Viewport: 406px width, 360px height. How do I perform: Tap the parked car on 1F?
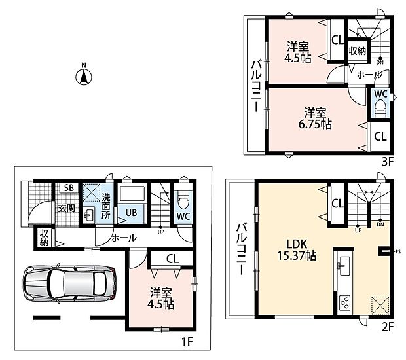pyautogui.click(x=69, y=283)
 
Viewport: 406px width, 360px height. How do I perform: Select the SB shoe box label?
pyautogui.click(x=69, y=188)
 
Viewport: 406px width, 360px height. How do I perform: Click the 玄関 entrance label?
pyautogui.click(x=67, y=208)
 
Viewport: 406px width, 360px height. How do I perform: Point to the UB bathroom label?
pyautogui.click(x=131, y=213)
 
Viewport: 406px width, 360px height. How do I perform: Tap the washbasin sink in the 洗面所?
pyautogui.click(x=89, y=215)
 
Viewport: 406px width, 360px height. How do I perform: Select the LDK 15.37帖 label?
pyautogui.click(x=297, y=250)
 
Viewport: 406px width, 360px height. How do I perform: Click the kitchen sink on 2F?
pyautogui.click(x=343, y=266)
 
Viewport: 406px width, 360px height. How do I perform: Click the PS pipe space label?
pyautogui.click(x=398, y=251)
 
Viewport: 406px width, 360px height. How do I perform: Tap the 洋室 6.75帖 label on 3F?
pyautogui.click(x=315, y=118)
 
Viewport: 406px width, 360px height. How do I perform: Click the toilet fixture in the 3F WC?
pyautogui.click(x=380, y=109)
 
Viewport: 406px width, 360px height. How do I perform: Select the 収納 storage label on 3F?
pyautogui.click(x=358, y=50)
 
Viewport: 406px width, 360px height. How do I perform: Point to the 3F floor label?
pyautogui.click(x=388, y=162)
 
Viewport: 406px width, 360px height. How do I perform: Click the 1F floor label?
pyautogui.click(x=187, y=342)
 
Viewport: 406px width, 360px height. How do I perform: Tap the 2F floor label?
pyautogui.click(x=388, y=327)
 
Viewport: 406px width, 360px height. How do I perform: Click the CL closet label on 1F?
pyautogui.click(x=173, y=259)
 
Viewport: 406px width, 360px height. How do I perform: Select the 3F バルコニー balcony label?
pyautogui.click(x=257, y=86)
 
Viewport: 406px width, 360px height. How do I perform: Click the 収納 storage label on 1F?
pyautogui.click(x=45, y=238)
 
